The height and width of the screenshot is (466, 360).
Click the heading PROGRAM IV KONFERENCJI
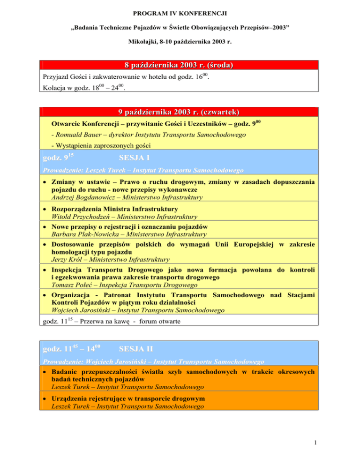click(180, 9)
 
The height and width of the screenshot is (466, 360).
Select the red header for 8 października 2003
click(180, 65)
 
